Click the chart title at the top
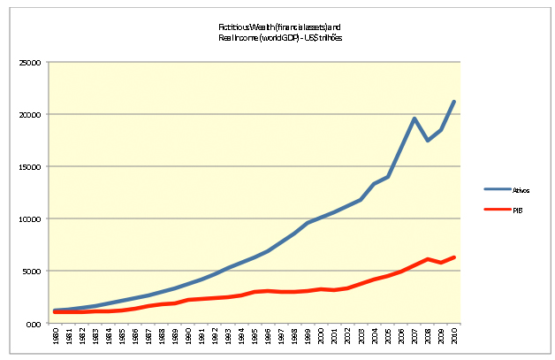279,33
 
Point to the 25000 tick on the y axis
31,64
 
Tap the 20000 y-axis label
31,115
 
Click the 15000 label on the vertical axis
31,167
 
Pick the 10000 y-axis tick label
31,219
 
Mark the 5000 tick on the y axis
33,272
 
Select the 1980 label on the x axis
55,338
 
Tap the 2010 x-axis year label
454,338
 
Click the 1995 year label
255,338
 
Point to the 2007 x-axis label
414,338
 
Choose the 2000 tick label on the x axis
321,338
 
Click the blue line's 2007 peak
414,119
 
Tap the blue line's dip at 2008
428,141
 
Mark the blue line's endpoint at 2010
454,102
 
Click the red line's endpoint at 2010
454,257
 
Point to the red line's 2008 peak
428,259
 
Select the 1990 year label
188,338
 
